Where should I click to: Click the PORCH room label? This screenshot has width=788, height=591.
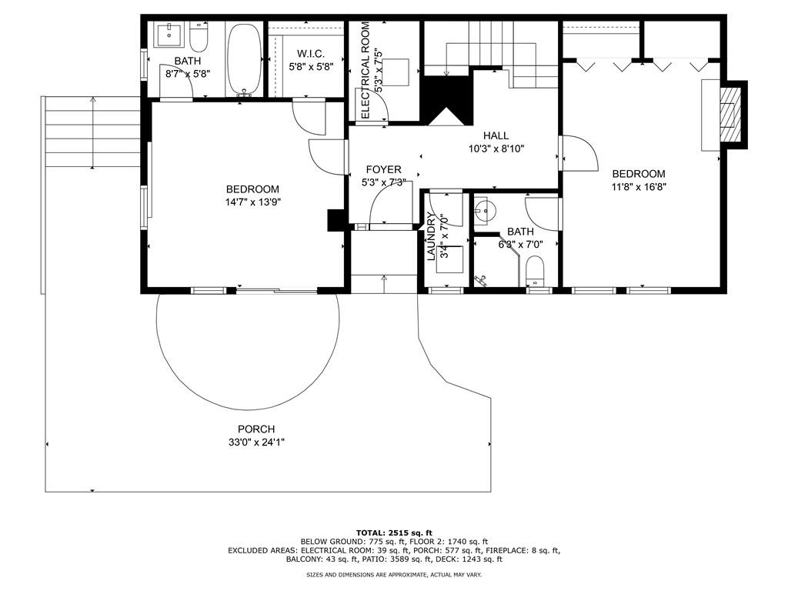pyautogui.click(x=256, y=429)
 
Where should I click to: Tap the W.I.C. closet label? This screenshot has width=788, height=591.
pyautogui.click(x=311, y=53)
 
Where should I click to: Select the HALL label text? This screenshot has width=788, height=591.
pyautogui.click(x=496, y=135)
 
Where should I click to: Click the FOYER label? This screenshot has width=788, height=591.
pyautogui.click(x=383, y=170)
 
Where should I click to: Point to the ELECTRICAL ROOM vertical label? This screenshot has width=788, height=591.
pyautogui.click(x=366, y=70)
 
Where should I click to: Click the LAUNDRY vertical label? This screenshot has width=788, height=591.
pyautogui.click(x=431, y=237)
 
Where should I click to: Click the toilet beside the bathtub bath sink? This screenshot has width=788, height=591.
pyautogui.click(x=199, y=36)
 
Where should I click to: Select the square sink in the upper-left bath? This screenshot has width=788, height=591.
pyautogui.click(x=170, y=35)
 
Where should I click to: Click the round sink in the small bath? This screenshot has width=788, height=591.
pyautogui.click(x=485, y=209)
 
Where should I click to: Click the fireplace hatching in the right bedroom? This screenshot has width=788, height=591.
pyautogui.click(x=730, y=115)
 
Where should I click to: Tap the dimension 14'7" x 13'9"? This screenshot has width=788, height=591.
pyautogui.click(x=252, y=202)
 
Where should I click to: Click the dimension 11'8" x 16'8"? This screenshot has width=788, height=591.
pyautogui.click(x=639, y=187)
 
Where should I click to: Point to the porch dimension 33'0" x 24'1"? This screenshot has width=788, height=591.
pyautogui.click(x=256, y=442)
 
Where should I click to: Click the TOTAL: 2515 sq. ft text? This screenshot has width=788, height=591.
pyautogui.click(x=394, y=533)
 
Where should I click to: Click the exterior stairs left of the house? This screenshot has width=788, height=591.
pyautogui.click(x=93, y=132)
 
